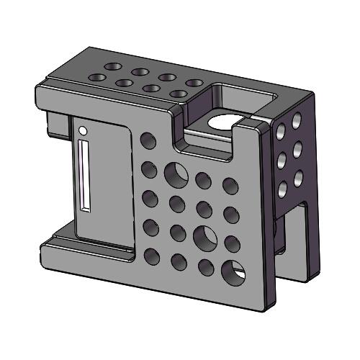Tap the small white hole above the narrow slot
point(83,131)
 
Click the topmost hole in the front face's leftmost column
point(148,140)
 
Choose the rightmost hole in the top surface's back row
point(192,84)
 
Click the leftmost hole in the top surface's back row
point(112,66)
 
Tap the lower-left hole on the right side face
point(282,189)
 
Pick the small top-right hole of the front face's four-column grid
point(231,186)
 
